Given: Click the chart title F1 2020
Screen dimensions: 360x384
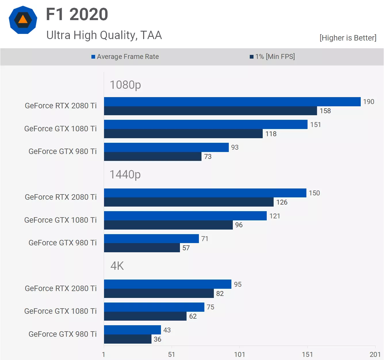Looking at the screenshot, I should (77, 14).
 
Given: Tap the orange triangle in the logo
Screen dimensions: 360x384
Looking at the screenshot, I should (23, 20).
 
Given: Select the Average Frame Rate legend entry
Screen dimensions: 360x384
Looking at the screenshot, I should (125, 57).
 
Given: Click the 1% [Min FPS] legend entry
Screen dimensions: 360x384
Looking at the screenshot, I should (272, 57).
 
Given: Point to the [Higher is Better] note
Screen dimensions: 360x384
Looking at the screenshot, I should (348, 38).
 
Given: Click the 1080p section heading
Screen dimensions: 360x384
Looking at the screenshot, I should (125, 85).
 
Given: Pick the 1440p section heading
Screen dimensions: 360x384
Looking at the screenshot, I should (125, 175).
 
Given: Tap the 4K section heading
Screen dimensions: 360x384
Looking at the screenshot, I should (117, 266).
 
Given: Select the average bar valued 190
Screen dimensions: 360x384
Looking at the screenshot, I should (232, 102).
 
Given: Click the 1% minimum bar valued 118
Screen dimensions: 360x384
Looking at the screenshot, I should (183, 134).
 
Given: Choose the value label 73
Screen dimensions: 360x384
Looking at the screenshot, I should (208, 157).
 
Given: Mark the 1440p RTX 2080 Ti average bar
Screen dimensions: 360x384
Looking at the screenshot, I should (205, 193).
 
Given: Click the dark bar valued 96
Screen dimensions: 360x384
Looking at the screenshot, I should (168, 225).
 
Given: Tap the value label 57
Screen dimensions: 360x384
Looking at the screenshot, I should (186, 248).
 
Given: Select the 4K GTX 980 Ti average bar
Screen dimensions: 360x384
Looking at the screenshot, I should (132, 330).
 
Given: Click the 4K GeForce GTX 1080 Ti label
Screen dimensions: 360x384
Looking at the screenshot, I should (60, 311).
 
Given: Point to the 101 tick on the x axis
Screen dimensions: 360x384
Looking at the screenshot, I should (239, 355).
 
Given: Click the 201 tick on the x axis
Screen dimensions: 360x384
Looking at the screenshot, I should (375, 355).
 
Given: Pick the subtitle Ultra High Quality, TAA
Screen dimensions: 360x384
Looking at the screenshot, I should (104, 35).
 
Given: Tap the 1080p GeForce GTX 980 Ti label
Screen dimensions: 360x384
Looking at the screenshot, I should (62, 151).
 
